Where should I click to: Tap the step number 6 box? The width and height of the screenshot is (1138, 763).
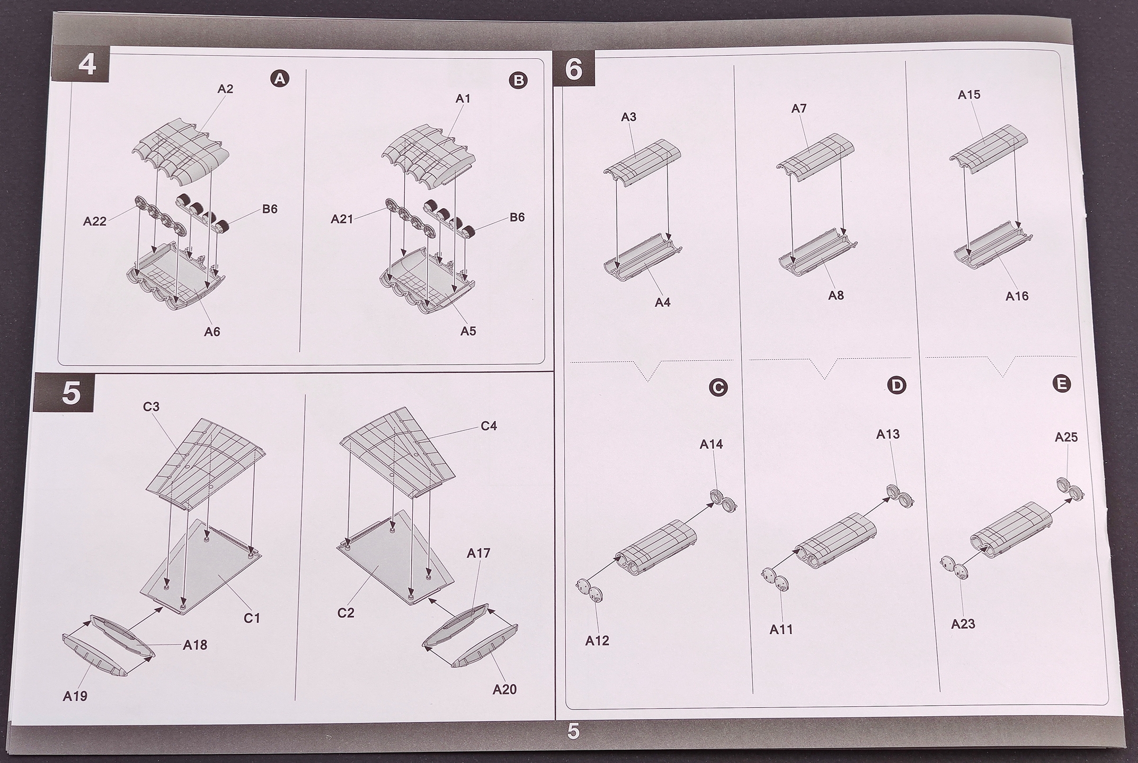click(573, 69)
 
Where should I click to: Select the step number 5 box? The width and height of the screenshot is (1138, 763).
click(70, 393)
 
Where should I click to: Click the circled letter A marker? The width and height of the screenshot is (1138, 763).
click(280, 79)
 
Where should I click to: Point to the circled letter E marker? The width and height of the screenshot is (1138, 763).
click(1061, 384)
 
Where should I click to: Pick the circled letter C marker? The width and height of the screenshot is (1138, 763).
click(717, 388)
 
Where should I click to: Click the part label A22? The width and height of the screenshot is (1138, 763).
click(95, 221)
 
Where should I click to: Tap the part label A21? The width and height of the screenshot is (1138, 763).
click(342, 219)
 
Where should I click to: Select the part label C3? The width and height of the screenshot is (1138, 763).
click(151, 406)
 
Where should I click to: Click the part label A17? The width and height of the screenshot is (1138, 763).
click(478, 553)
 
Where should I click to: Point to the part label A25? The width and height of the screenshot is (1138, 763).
click(1066, 437)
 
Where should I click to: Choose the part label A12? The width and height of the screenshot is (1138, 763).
click(597, 641)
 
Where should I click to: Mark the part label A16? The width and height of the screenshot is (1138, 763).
click(1017, 296)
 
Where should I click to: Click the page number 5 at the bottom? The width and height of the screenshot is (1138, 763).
click(573, 731)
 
